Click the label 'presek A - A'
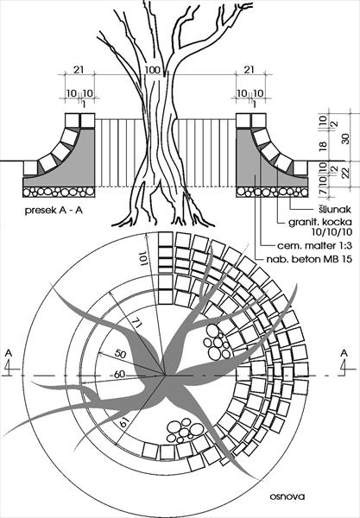[54, 211]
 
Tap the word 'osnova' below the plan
[287, 496]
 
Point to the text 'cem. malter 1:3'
[314, 246]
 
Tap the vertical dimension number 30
[346, 139]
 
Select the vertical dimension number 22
[346, 174]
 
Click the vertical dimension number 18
[324, 145]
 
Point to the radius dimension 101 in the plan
[142, 258]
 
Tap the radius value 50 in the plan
[120, 354]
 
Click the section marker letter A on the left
[9, 353]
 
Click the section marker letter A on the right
[344, 353]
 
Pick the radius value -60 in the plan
[118, 375]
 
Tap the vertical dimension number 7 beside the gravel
[324, 192]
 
